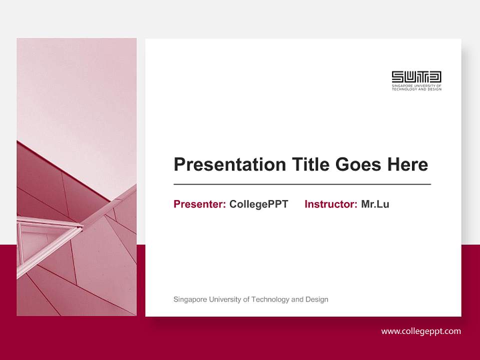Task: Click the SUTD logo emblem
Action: [x=416, y=77]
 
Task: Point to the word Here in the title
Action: [x=407, y=164]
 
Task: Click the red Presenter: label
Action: [x=199, y=204]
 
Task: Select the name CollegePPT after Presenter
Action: [x=258, y=204]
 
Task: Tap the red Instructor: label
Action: [x=330, y=204]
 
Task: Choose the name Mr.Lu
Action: [x=375, y=204]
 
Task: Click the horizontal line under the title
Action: [x=302, y=184]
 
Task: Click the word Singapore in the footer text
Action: [x=189, y=299]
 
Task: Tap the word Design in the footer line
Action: [x=317, y=299]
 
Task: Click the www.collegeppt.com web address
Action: [x=421, y=331]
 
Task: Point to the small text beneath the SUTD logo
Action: [x=416, y=87]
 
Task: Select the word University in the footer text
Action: [x=224, y=299]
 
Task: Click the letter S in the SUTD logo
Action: [x=397, y=77]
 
